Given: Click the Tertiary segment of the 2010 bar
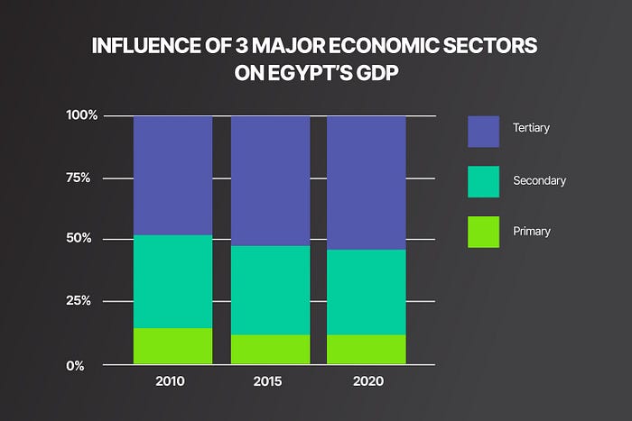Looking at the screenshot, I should coord(172,175).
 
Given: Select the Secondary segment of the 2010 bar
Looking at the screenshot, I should coord(172,281).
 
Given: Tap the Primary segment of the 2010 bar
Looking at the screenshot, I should coord(172,346).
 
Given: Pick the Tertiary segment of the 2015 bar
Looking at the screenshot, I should coord(270,180).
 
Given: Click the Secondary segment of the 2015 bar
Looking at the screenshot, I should coord(270,289).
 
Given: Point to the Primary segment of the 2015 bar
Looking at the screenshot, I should coord(270,349).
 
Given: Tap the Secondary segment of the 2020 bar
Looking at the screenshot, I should coord(366,292).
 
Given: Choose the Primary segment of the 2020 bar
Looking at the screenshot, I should coord(366,349).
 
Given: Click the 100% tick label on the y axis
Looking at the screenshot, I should coord(81,116).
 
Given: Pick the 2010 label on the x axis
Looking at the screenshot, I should coord(170,381).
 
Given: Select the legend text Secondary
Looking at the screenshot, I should coord(539,181).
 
